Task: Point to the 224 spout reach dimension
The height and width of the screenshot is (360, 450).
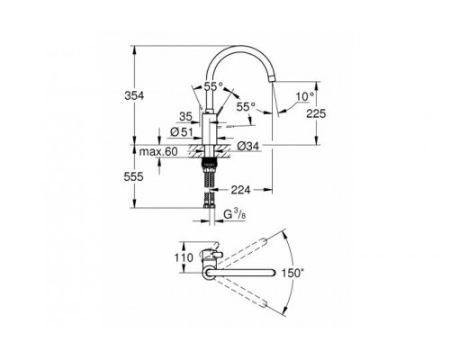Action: [x=239, y=190]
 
